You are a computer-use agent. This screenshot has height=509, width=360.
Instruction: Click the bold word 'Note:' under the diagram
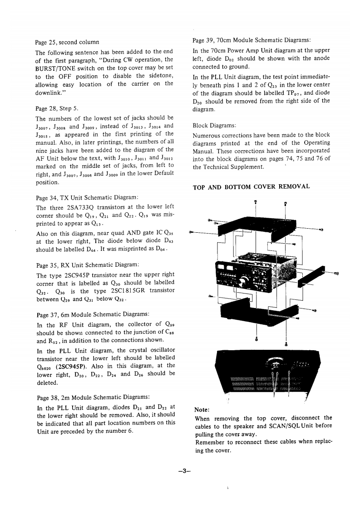point(202,409)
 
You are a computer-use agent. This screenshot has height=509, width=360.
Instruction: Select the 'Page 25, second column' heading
point(67,42)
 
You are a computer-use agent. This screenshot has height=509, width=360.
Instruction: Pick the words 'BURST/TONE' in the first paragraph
point(54,68)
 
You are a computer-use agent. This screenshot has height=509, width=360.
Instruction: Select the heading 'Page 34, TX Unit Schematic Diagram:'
point(86,198)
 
